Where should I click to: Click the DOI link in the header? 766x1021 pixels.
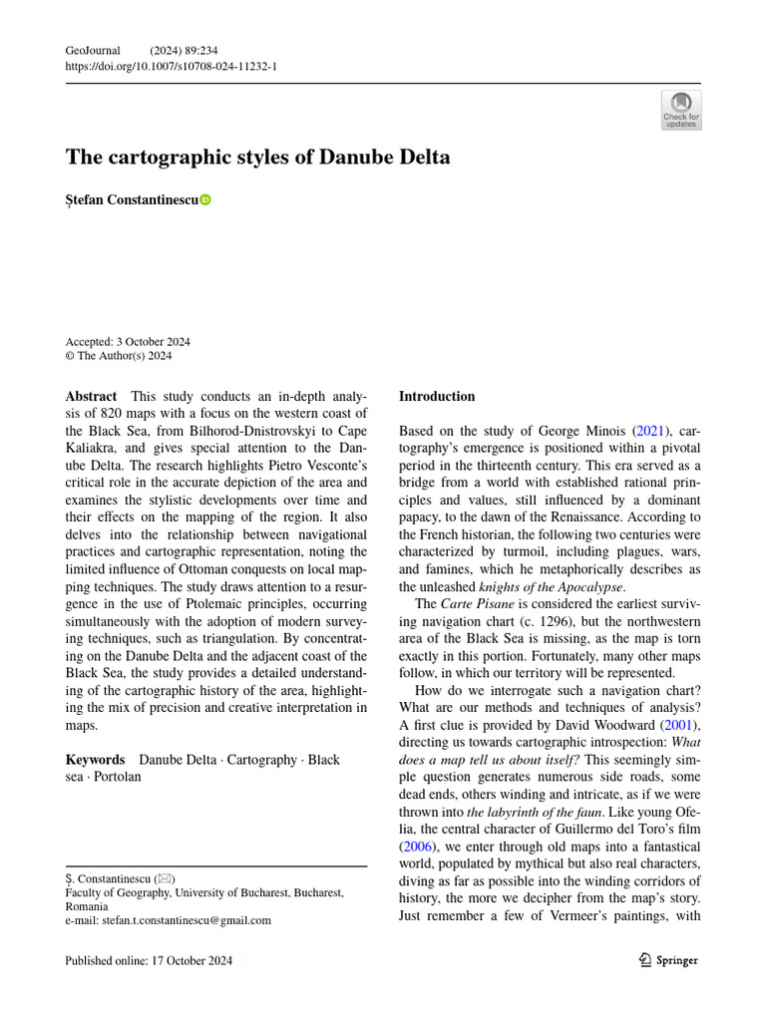pos(171,66)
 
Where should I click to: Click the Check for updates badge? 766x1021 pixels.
pos(681,110)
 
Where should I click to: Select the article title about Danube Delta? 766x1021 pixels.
pos(257,158)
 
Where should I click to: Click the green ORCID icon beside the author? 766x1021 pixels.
pos(205,200)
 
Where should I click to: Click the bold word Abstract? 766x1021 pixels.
pos(90,396)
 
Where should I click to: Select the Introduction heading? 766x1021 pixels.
pos(437,396)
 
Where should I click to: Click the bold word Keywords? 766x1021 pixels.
pos(95,760)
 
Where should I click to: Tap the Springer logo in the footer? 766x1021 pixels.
pos(668,960)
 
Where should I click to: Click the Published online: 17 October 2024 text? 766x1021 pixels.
pos(149,960)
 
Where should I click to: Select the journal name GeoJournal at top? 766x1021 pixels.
pos(93,50)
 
